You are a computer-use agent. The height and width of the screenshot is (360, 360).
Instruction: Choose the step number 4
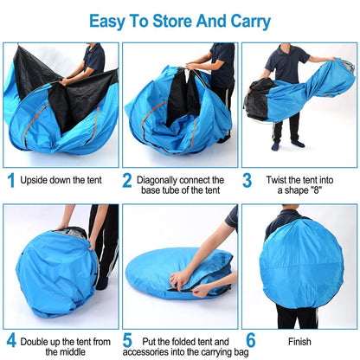(11, 340)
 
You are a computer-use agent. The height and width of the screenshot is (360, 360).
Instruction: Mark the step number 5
(127, 340)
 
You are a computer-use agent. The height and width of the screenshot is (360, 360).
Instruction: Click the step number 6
(250, 340)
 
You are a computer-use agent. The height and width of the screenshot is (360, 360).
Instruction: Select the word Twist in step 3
(279, 180)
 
